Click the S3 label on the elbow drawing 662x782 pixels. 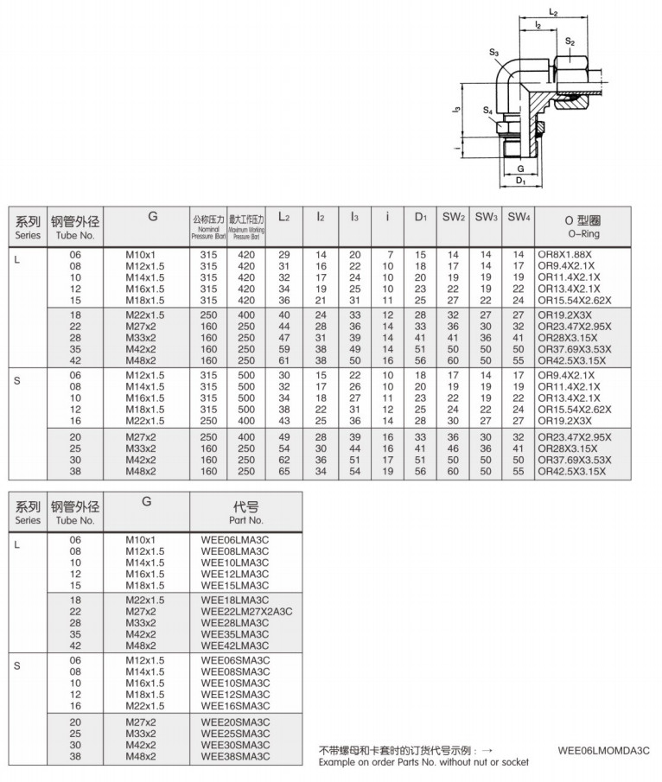tap(494, 53)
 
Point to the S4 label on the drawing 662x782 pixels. tap(487, 111)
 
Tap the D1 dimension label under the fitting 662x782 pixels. tap(521, 181)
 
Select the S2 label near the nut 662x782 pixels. tap(570, 41)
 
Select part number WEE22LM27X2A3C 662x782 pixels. tap(246, 611)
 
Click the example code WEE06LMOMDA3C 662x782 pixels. tap(604, 751)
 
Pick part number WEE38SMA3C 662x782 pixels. tap(235, 756)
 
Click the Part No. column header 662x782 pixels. tap(246, 512)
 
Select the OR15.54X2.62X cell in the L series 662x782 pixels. tap(574, 300)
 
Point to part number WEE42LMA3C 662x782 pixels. tap(235, 645)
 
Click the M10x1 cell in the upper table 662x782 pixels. tap(141, 255)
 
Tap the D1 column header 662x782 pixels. tap(420, 217)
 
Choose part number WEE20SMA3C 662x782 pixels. tap(235, 722)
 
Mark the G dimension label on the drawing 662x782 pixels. tap(520, 167)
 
